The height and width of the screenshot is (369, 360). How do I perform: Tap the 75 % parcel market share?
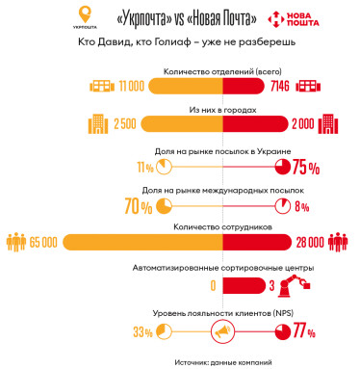point(306,167)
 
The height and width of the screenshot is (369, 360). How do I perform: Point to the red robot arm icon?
point(300,283)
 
